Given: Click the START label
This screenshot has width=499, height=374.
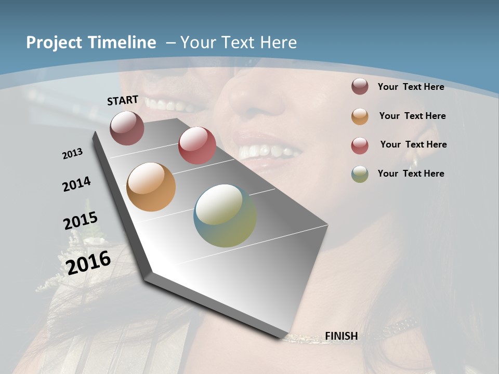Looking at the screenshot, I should pyautogui.click(x=123, y=100).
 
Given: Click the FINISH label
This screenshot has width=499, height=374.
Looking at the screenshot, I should pyautogui.click(x=342, y=336).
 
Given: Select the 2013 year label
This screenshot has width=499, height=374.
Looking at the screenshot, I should pyautogui.click(x=73, y=154).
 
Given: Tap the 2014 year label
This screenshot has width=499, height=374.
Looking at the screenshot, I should pyautogui.click(x=77, y=184).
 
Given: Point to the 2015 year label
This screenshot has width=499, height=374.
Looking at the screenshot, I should pyautogui.click(x=81, y=221).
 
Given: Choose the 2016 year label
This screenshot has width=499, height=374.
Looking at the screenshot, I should pyautogui.click(x=89, y=262).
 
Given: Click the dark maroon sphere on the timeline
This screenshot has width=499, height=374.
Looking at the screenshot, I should pyautogui.click(x=127, y=128).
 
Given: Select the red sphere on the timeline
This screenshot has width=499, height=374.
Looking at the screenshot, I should pyautogui.click(x=197, y=145).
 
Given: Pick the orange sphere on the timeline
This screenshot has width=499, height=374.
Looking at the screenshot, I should pyautogui.click(x=151, y=187).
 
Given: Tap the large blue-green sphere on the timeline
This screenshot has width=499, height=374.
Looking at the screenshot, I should pyautogui.click(x=225, y=216).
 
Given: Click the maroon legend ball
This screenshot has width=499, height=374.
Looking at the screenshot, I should pyautogui.click(x=360, y=87).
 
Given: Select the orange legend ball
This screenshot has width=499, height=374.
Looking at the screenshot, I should pyautogui.click(x=360, y=116).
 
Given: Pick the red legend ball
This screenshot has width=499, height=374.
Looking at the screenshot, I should pyautogui.click(x=360, y=145).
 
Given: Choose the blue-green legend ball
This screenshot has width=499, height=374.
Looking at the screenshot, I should pyautogui.click(x=360, y=174).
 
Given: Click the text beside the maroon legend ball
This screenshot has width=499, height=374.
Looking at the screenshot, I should pyautogui.click(x=411, y=87).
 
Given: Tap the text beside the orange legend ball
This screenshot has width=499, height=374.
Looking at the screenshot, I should pyautogui.click(x=413, y=116).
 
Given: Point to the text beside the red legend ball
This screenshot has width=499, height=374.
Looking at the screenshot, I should pyautogui.click(x=414, y=144).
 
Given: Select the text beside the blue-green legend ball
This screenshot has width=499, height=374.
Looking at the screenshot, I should pyautogui.click(x=411, y=173).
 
